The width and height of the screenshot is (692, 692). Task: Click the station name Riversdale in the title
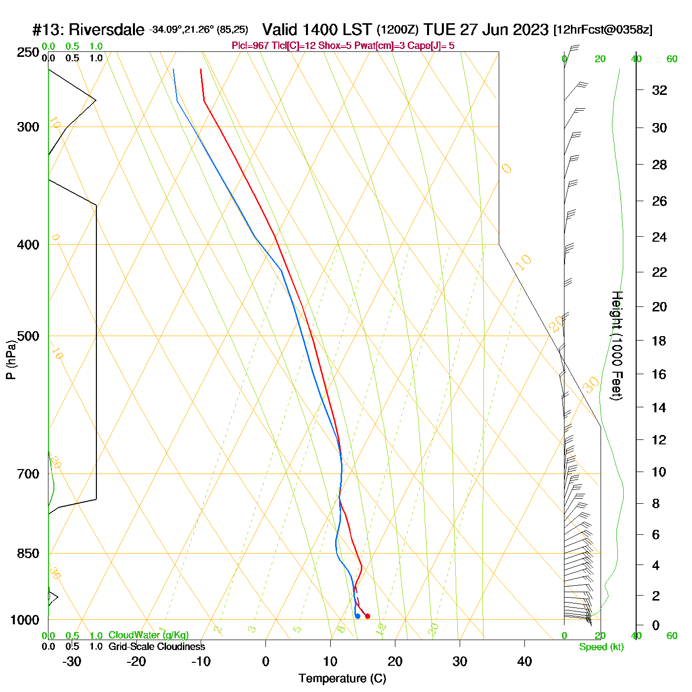coord(106,30)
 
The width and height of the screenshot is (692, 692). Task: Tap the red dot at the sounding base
coord(367,616)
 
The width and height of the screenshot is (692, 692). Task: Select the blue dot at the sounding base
coord(357,616)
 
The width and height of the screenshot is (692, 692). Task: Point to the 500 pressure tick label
coord(28,336)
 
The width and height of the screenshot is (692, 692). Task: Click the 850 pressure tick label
coord(28,554)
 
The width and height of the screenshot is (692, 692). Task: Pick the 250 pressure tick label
coord(28,52)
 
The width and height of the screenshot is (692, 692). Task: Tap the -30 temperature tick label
coord(72,661)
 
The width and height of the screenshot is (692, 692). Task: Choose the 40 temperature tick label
coord(524,661)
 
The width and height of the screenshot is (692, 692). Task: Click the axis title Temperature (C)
coord(342,679)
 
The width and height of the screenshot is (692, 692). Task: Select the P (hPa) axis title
coord(11,360)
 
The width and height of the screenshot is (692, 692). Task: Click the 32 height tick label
coord(659,90)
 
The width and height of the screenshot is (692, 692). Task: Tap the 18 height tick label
coord(659,341)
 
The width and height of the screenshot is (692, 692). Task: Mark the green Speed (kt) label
coord(602,647)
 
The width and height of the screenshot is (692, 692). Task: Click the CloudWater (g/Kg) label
coord(148,635)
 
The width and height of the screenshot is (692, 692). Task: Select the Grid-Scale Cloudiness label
coord(157,647)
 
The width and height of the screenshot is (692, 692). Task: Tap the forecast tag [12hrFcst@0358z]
coord(603,30)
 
